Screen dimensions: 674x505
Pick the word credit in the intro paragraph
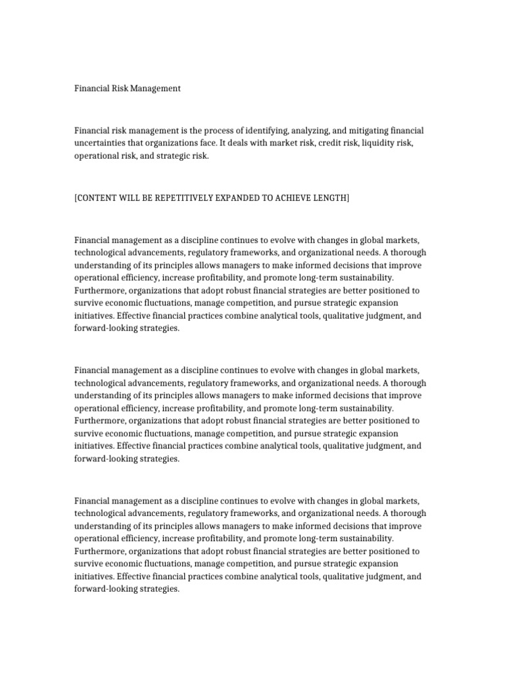pyautogui.click(x=329, y=143)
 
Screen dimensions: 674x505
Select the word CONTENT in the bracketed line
pyautogui.click(x=99, y=198)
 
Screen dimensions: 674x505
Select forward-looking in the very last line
pyautogui.click(x=105, y=589)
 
